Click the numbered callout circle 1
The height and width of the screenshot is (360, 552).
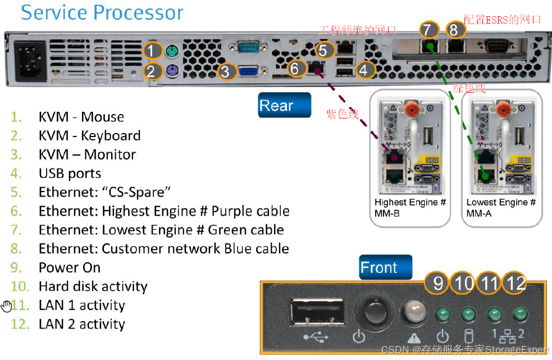152,51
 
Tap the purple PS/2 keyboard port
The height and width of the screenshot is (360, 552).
172,71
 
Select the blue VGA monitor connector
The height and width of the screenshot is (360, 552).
249,71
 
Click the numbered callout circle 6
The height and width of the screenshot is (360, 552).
294,69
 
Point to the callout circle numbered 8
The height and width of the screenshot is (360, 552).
454,30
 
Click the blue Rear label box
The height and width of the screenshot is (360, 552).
284,105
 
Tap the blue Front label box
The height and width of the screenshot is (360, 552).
385,267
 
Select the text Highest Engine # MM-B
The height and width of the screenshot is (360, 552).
410,208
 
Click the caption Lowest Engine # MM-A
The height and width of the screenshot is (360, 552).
501,208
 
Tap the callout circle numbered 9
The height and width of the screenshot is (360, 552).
437,283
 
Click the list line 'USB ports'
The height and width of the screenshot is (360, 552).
70,174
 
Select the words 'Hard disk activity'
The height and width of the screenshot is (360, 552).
93,286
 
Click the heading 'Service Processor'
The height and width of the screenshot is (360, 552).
102,12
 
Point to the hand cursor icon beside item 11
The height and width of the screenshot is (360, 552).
7,306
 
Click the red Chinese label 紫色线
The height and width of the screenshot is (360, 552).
343,115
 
